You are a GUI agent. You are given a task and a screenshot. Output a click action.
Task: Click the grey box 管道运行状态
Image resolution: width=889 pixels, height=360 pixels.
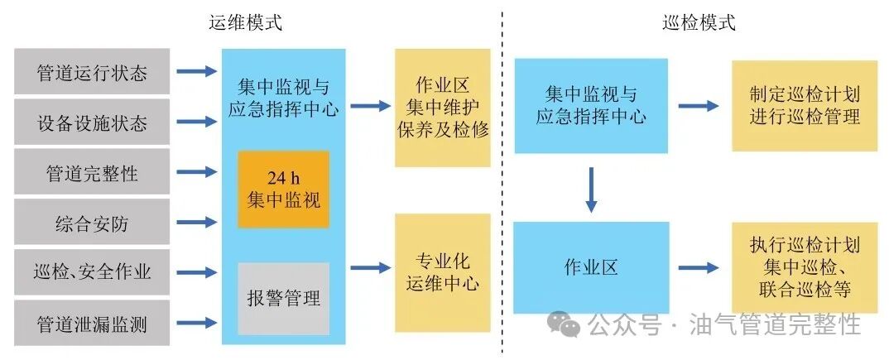(92, 72)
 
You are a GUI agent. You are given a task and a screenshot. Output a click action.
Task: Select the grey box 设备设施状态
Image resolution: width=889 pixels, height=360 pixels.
(92, 122)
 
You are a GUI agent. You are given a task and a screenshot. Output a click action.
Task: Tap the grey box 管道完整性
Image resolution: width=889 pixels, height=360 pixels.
(92, 173)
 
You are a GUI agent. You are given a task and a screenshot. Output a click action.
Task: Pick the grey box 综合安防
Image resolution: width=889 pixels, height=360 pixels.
(92, 223)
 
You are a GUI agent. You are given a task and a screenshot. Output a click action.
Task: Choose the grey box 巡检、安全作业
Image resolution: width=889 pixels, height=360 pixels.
(92, 272)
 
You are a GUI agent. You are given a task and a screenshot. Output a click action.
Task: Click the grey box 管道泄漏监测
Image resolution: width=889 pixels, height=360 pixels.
(92, 324)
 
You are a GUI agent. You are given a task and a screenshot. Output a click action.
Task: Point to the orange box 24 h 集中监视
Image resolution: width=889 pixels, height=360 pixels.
(283, 189)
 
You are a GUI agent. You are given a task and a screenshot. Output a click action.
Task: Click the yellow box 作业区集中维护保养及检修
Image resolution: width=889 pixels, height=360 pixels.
(442, 108)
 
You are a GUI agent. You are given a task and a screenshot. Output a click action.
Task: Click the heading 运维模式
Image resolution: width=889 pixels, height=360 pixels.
(245, 22)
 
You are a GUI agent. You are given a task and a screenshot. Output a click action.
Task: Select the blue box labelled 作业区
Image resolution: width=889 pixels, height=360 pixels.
(590, 267)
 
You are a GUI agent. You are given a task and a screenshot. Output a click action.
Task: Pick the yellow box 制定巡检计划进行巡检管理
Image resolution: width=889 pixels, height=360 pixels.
(804, 105)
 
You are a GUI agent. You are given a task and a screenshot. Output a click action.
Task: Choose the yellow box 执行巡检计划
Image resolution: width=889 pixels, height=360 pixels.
(804, 267)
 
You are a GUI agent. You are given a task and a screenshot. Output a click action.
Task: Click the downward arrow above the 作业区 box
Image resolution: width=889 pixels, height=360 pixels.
(590, 188)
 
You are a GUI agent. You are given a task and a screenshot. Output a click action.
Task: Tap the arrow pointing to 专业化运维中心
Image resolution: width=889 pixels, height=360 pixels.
(370, 267)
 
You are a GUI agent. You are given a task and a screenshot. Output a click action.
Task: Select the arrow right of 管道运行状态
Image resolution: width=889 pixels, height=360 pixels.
(196, 72)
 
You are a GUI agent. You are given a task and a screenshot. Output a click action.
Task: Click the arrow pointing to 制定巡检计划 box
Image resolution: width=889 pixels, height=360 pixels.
(699, 105)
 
